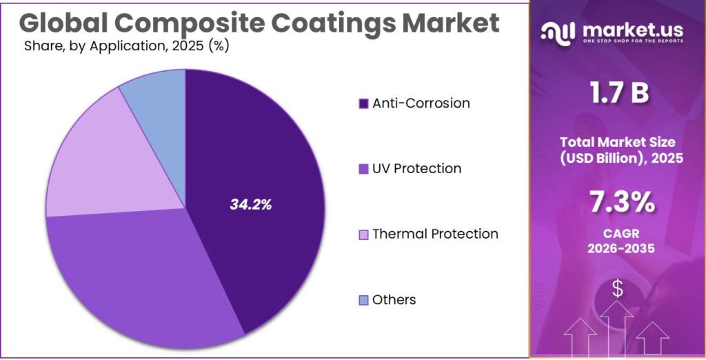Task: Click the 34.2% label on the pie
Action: click(250, 204)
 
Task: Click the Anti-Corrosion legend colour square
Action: click(363, 103)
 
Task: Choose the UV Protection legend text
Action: click(416, 169)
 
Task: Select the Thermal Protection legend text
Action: click(434, 234)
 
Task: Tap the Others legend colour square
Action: click(363, 300)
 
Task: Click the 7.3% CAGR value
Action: click(618, 202)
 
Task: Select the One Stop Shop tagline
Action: click(633, 41)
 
